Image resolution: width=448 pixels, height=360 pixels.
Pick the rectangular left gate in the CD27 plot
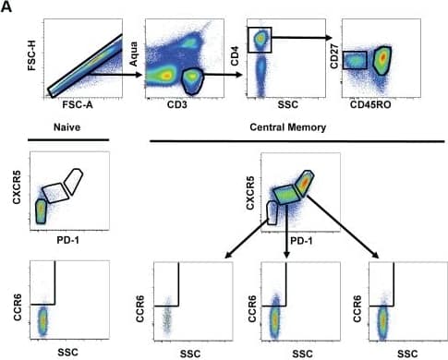pos(355,61)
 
